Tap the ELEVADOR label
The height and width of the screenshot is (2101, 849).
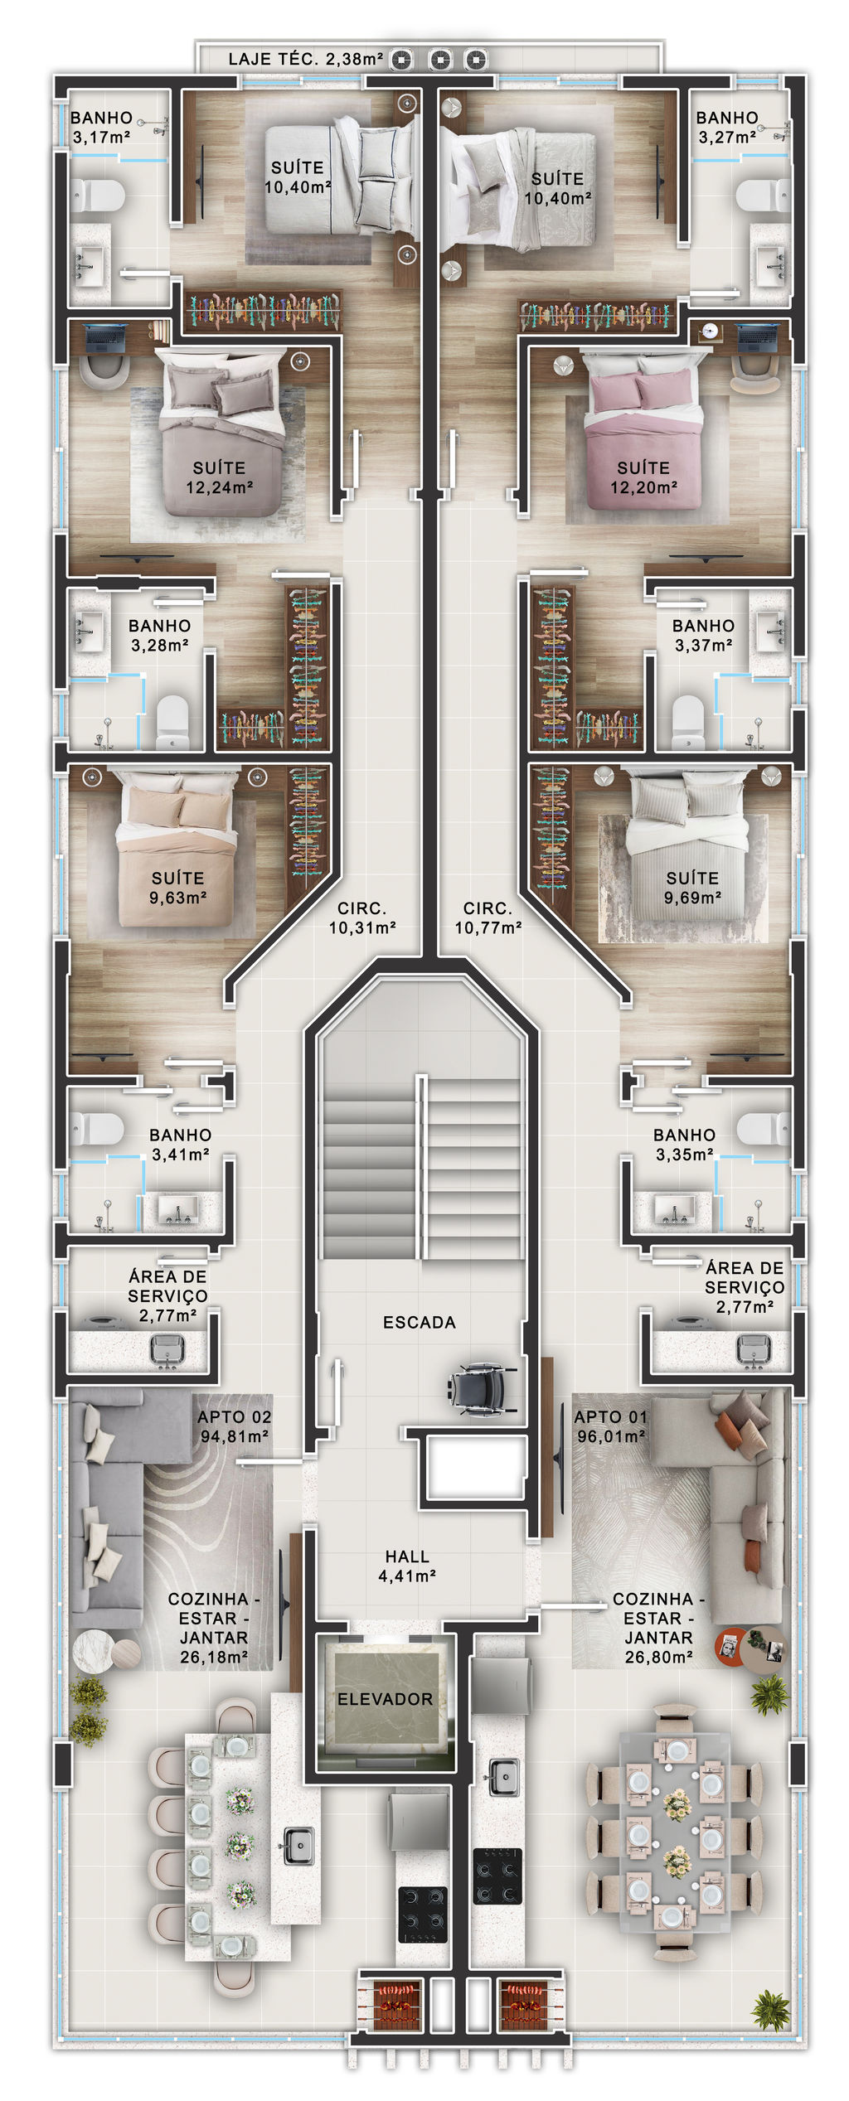coord(385,1700)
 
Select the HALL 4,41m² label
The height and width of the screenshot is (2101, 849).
coord(407,1566)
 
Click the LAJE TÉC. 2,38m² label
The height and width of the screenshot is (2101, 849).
coord(305,59)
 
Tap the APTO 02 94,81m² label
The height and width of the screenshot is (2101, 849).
coord(235,1426)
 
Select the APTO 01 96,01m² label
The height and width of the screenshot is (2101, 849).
coord(611,1426)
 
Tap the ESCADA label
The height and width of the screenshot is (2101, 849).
coord(420,1323)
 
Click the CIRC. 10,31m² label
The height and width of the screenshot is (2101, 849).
coord(362,918)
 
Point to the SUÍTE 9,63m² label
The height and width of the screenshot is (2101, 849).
coord(178,887)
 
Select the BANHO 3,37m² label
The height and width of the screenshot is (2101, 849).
coord(703,635)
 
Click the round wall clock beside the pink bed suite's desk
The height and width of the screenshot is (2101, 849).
coord(708,330)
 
